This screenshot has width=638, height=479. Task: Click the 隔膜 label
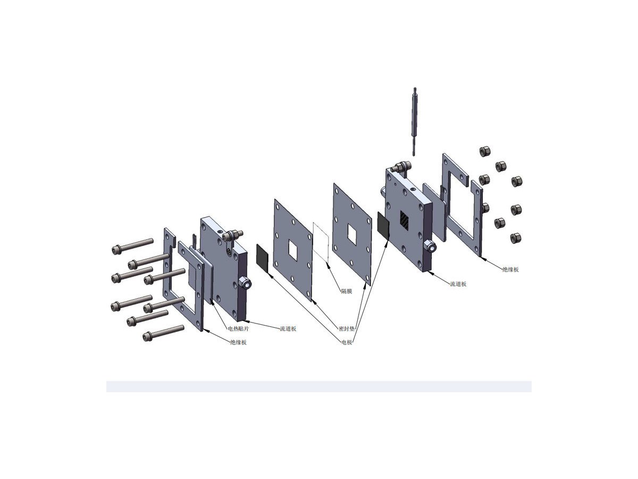pos(346,291)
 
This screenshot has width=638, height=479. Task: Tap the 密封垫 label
pos(347,329)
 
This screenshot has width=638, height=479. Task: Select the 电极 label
pos(347,342)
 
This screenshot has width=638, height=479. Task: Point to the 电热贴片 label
pos(238,329)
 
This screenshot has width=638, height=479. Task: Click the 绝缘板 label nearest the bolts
pos(238,342)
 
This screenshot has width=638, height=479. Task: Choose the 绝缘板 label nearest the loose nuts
pos(510,270)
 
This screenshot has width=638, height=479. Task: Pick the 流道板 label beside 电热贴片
pos(288,329)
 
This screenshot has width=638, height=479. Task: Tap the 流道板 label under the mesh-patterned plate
pos(458,284)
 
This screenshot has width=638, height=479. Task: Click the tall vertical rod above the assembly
pos(414,121)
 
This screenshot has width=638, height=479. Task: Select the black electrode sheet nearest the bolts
pos(262,258)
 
